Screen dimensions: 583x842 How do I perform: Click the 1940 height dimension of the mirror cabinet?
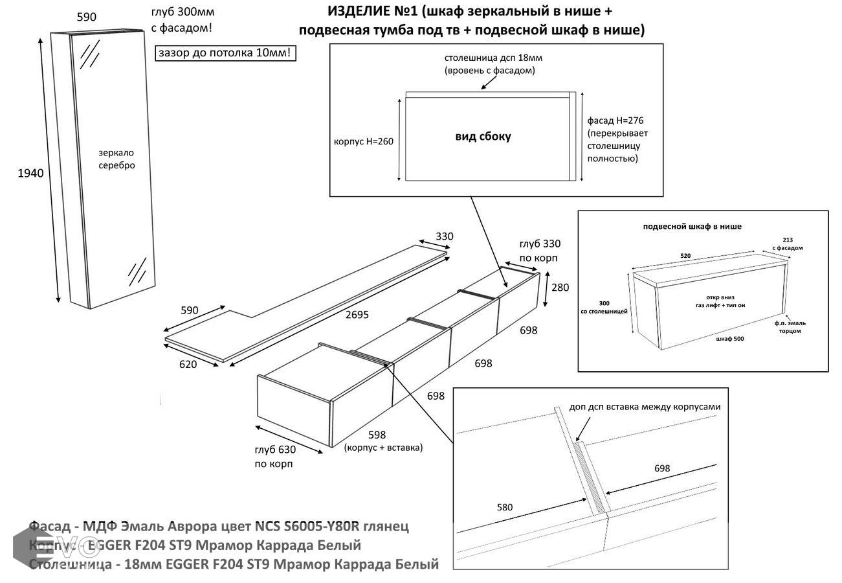(x=30, y=173)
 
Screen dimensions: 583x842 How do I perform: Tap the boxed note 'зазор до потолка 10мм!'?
(x=226, y=53)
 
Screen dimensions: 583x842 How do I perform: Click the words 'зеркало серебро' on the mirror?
(x=116, y=159)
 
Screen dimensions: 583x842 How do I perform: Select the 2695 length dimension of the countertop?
(x=357, y=315)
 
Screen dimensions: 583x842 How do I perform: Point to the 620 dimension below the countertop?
(x=188, y=365)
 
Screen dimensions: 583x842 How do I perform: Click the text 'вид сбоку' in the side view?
(x=483, y=136)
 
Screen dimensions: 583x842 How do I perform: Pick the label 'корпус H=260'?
(x=363, y=142)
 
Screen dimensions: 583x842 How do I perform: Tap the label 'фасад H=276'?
(x=615, y=120)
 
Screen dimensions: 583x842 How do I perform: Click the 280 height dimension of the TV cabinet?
(x=560, y=287)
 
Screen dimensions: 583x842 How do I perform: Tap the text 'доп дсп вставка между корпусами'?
(x=645, y=407)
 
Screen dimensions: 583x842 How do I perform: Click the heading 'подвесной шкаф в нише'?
(x=692, y=227)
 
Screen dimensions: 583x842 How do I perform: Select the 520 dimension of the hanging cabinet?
(x=685, y=256)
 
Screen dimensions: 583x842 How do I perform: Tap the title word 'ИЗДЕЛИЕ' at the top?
(x=362, y=12)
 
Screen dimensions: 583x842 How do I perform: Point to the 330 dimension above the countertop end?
(x=444, y=236)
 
